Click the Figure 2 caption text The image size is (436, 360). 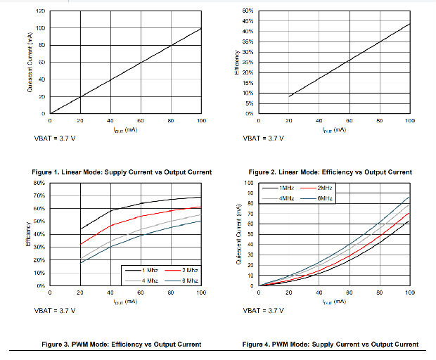[331, 172]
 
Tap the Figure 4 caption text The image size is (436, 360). [331, 344]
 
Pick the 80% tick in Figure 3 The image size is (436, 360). [40, 184]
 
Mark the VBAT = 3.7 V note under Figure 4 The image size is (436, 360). [264, 310]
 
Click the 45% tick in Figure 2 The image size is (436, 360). [248, 21]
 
